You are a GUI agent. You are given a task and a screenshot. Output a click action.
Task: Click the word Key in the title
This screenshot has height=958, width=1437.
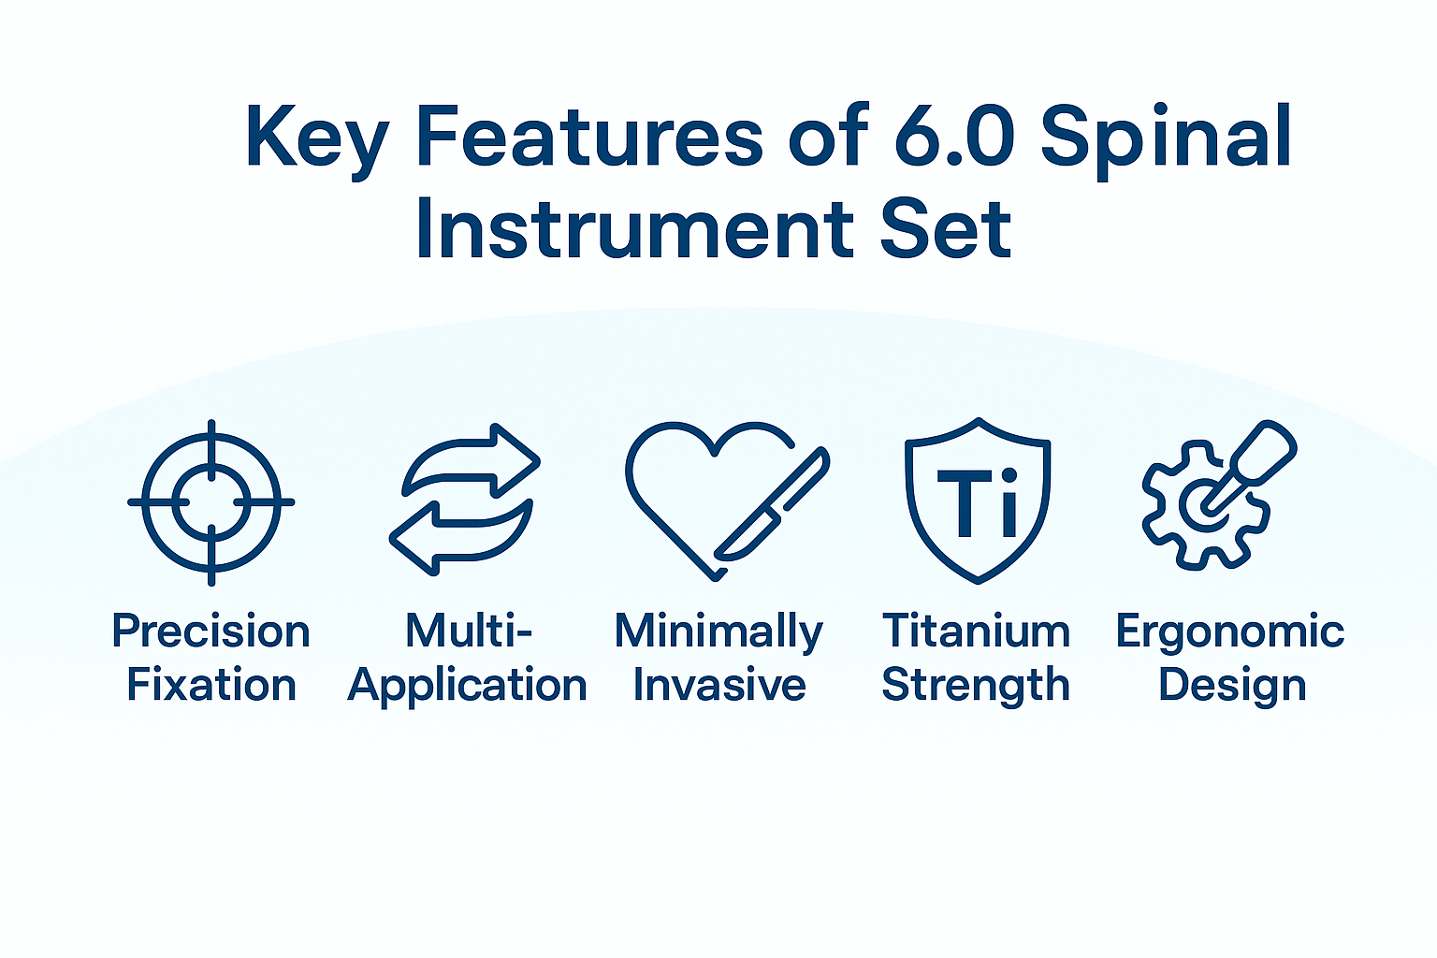(x=316, y=138)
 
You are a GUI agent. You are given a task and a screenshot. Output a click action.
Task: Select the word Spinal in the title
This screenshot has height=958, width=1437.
(x=1166, y=138)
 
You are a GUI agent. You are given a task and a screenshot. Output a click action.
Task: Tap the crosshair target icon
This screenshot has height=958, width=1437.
(x=211, y=502)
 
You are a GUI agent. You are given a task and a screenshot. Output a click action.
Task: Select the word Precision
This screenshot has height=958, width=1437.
(x=210, y=631)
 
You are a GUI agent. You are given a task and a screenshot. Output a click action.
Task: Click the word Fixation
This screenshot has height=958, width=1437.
(x=211, y=685)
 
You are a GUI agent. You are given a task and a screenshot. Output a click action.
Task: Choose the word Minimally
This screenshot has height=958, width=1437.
(x=718, y=632)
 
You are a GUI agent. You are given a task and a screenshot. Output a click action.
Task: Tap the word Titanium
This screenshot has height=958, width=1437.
(x=976, y=631)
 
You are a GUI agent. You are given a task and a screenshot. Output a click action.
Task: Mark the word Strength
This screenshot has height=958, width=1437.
(x=976, y=686)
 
